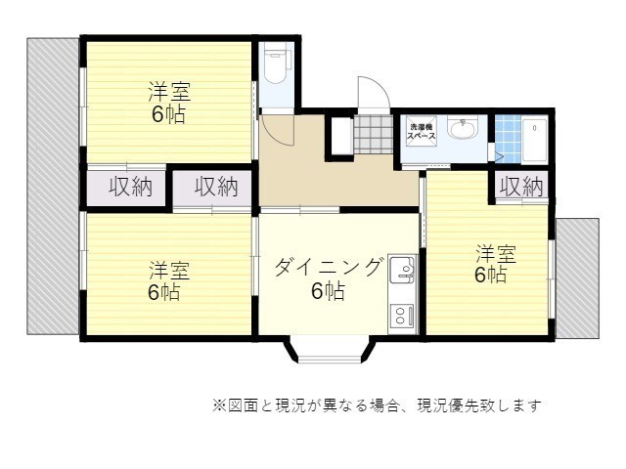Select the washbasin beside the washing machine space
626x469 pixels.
(463, 127)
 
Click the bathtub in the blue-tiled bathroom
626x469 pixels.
(534, 140)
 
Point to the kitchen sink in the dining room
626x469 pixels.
(403, 270)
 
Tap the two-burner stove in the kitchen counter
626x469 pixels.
(402, 315)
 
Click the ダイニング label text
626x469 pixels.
(328, 266)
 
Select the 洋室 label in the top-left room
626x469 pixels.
(169, 92)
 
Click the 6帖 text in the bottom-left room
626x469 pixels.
(164, 292)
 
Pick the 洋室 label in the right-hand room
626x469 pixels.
(496, 254)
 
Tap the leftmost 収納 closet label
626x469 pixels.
(130, 187)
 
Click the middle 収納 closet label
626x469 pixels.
(216, 187)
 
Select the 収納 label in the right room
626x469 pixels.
(521, 187)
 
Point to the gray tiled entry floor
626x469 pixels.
(374, 134)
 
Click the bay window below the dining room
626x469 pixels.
(330, 350)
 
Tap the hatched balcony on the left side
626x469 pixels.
(53, 187)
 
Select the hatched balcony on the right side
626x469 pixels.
(577, 278)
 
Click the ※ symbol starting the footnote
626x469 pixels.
(219, 406)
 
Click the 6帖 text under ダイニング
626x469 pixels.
(329, 291)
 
